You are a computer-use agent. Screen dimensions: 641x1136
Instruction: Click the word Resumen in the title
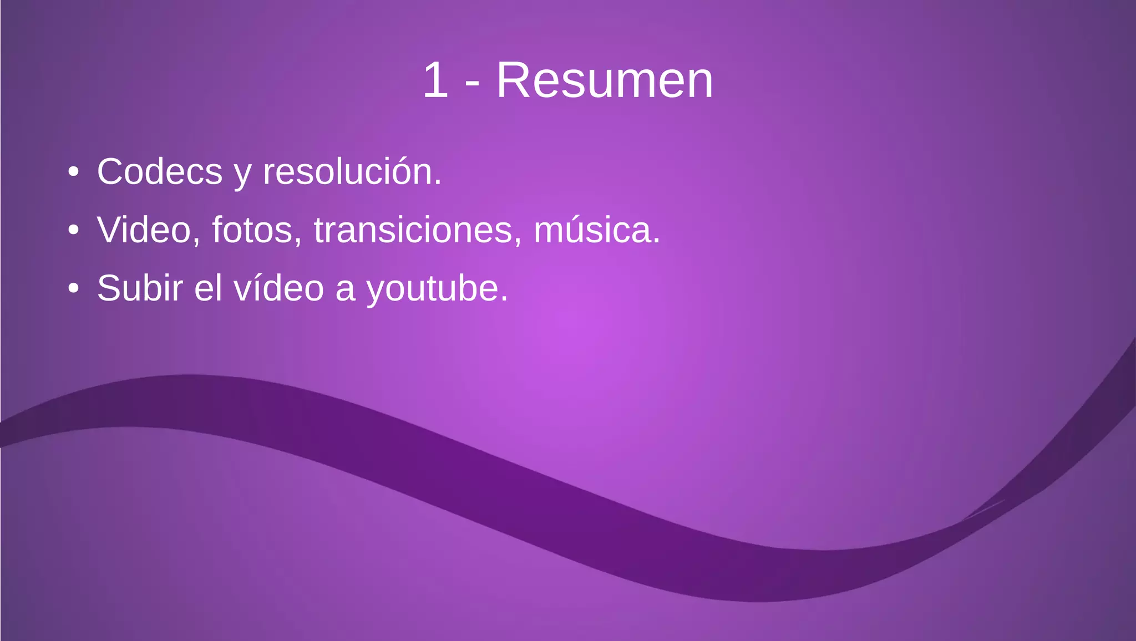(604, 81)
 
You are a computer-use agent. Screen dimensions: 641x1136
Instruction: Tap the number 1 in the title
(435, 81)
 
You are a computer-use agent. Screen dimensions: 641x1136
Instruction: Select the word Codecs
(160, 172)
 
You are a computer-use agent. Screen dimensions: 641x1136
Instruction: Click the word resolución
(352, 172)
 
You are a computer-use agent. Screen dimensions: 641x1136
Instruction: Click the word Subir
(140, 288)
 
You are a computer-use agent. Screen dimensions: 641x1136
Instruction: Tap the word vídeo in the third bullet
(278, 288)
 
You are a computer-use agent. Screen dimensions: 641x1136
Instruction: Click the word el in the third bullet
(208, 288)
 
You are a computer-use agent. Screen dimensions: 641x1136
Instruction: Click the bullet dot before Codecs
(73, 172)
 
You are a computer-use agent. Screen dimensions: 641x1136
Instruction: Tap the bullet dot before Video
(73, 230)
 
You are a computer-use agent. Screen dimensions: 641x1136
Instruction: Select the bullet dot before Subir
(73, 288)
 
